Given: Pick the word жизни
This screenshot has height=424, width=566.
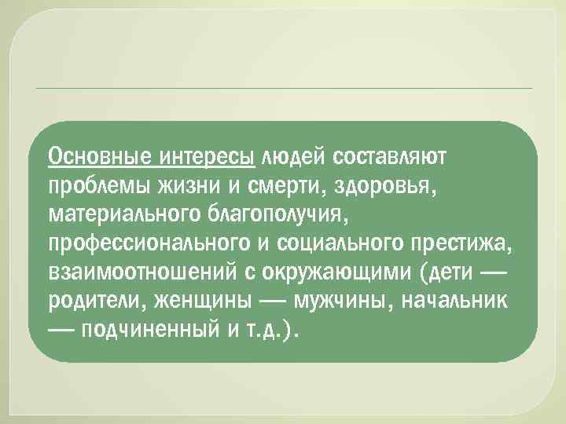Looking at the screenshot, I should (x=182, y=185).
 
